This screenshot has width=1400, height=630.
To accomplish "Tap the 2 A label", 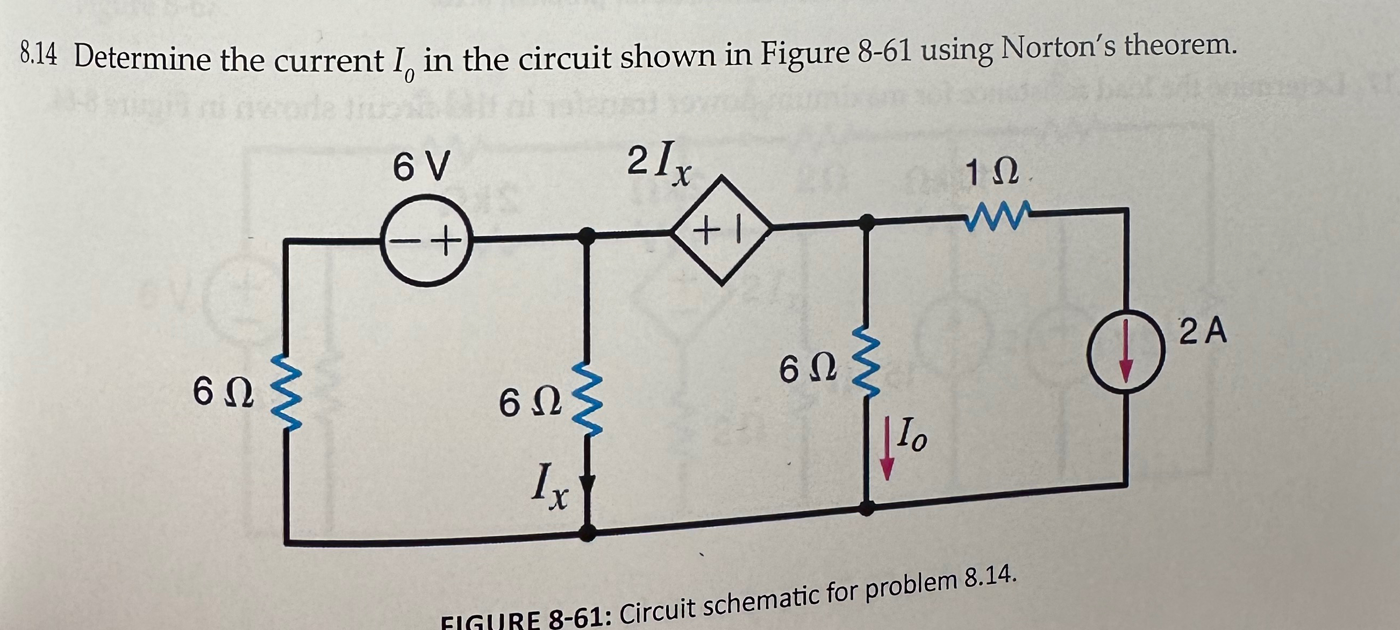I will (x=1203, y=332).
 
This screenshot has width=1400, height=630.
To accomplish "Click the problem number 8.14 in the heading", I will (x=38, y=55).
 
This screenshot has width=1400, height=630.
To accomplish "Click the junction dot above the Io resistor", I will (x=868, y=221).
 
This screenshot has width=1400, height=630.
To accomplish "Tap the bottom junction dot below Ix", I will (x=587, y=532).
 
